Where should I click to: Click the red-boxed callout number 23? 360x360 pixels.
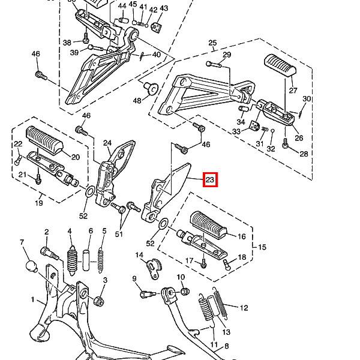210,179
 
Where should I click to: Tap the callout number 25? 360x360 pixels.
212,43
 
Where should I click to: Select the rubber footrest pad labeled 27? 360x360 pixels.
280,65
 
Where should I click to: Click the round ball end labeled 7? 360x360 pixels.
32,266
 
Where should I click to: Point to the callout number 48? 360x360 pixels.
137,101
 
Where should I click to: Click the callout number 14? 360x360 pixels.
139,255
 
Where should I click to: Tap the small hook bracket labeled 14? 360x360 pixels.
154,269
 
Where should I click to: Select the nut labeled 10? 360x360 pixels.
185,292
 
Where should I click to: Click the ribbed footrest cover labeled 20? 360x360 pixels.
45,139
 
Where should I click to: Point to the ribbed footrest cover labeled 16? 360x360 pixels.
208,224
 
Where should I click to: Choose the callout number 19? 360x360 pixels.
39,203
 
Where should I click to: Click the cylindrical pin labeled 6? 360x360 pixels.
86,260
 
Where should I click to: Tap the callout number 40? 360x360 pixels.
157,55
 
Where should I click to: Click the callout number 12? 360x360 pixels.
244,308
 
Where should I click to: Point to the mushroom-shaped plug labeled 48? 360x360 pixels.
151,88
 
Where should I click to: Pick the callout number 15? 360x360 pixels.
262,247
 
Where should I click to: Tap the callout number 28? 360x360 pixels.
304,154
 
